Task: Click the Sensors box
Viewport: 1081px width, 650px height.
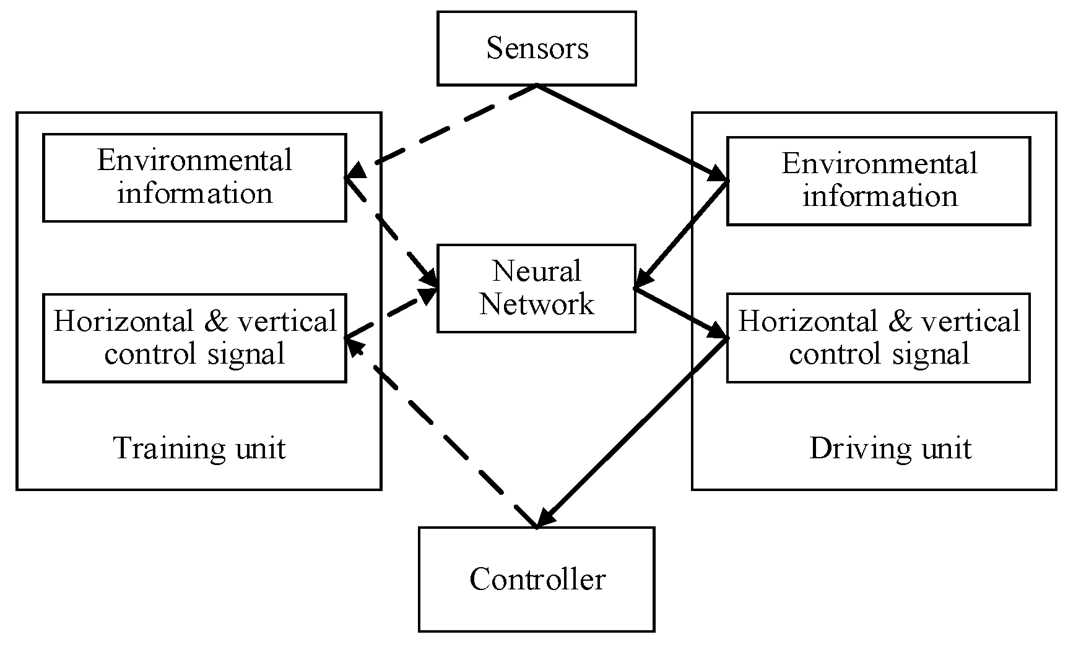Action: (x=536, y=48)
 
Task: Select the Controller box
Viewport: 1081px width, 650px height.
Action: (x=536, y=579)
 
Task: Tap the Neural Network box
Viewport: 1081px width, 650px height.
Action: (x=536, y=288)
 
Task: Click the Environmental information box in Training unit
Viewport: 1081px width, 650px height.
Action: (x=194, y=177)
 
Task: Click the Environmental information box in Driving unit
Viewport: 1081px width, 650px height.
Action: (x=878, y=181)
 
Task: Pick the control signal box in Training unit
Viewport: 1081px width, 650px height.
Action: (x=194, y=338)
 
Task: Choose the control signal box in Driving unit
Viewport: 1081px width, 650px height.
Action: (x=878, y=338)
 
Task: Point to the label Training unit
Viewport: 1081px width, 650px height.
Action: (x=199, y=448)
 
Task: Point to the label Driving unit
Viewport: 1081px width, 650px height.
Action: (x=890, y=448)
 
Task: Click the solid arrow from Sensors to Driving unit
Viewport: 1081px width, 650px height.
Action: (x=632, y=132)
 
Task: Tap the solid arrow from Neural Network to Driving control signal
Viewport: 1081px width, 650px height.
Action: (x=681, y=312)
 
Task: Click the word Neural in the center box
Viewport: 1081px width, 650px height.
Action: (x=536, y=272)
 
